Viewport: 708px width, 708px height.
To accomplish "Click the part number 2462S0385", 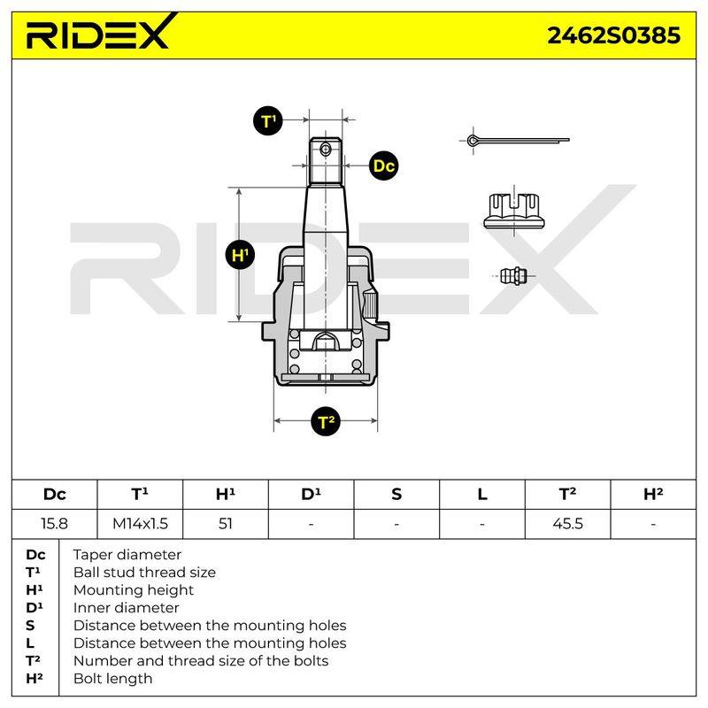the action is click(x=613, y=35).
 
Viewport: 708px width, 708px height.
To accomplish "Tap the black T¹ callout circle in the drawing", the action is click(x=268, y=121).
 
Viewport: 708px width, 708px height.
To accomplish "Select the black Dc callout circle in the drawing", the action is click(x=383, y=165).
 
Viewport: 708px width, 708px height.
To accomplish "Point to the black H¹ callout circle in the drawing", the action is click(x=240, y=255).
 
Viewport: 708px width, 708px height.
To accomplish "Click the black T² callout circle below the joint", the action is click(x=326, y=422).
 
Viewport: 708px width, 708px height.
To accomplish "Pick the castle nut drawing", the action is click(x=514, y=211).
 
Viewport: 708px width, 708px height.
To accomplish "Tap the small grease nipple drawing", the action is click(x=514, y=276).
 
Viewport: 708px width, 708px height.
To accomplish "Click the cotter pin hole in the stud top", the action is click(x=325, y=149).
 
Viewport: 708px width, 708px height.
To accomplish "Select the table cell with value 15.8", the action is click(x=54, y=524).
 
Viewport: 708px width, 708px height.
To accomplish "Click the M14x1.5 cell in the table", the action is click(x=140, y=524).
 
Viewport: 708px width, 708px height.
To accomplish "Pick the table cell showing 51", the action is click(x=226, y=524).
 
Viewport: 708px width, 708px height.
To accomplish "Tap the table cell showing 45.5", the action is click(x=567, y=524).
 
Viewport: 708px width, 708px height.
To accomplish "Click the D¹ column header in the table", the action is click(x=312, y=495).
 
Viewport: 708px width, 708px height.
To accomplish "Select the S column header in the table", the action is click(x=396, y=495).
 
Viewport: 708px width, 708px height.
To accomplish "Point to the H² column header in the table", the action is click(x=653, y=495).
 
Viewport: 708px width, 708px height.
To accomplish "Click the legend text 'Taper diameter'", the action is click(x=127, y=555).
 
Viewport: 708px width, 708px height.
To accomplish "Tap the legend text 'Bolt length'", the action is click(x=112, y=679).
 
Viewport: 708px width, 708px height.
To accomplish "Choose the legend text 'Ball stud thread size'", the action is click(x=144, y=572).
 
